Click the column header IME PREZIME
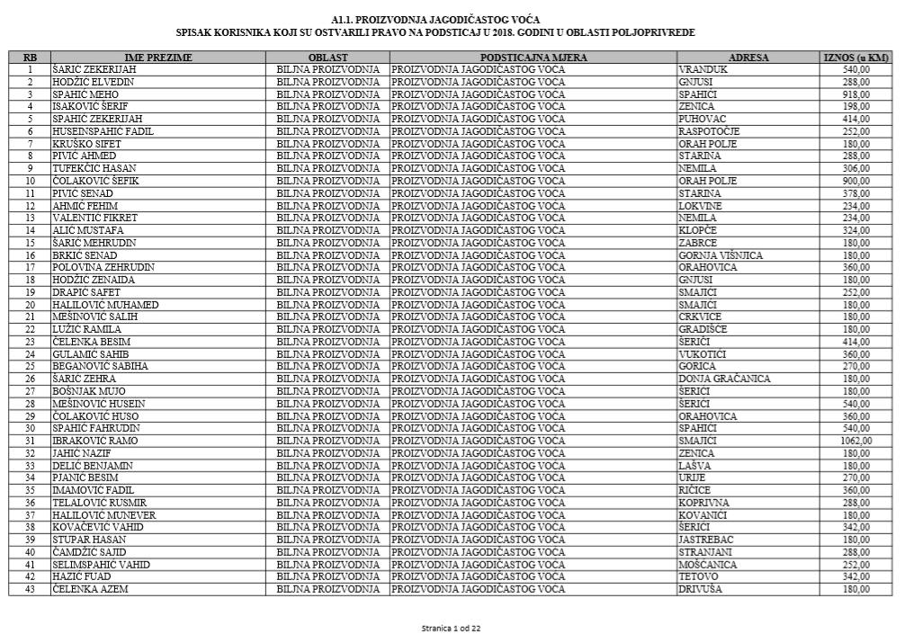(x=158, y=58)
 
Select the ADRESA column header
(x=748, y=58)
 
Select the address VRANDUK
(x=702, y=69)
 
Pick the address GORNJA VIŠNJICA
(x=721, y=255)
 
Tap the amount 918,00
(x=856, y=94)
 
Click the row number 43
(x=30, y=589)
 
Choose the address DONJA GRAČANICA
(x=725, y=379)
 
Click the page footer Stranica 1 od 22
(x=452, y=628)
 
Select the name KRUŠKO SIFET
(x=87, y=144)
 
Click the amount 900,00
(x=856, y=181)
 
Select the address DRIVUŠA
(x=702, y=589)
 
